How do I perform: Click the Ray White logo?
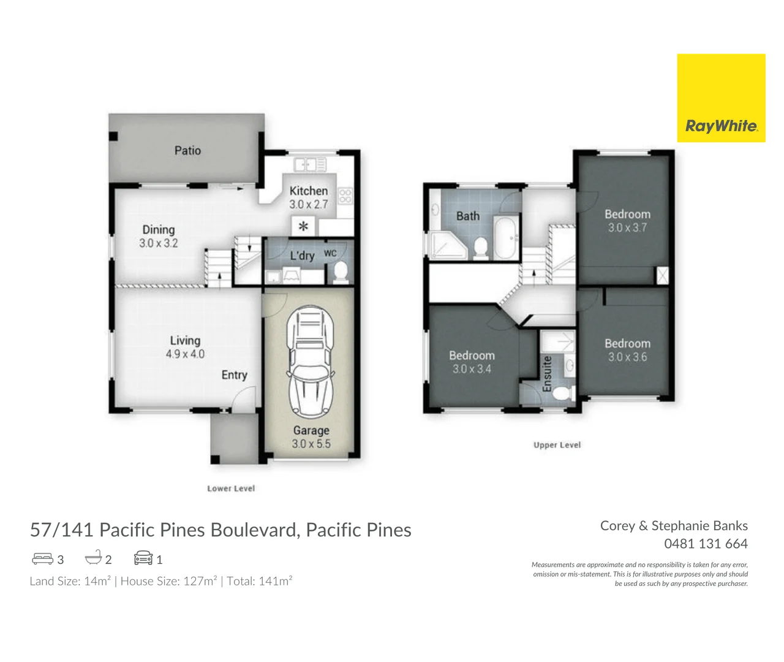click(721, 98)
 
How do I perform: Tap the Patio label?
click(187, 151)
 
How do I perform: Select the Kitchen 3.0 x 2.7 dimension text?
click(309, 204)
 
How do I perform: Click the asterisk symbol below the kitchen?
click(303, 226)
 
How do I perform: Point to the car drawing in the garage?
click(310, 362)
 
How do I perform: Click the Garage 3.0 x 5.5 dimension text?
click(311, 444)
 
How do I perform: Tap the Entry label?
click(235, 375)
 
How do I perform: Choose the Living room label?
click(185, 340)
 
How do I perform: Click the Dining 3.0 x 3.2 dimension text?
click(159, 243)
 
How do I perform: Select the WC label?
click(330, 253)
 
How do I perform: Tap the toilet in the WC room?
click(341, 272)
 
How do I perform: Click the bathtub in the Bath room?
click(505, 237)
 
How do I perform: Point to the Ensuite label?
click(547, 374)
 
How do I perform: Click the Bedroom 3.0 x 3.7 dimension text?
click(627, 227)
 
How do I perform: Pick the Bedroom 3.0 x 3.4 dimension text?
click(472, 369)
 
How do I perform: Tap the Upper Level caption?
click(557, 445)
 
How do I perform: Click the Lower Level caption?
click(231, 489)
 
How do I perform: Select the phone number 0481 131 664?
click(706, 544)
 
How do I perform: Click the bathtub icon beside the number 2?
click(93, 558)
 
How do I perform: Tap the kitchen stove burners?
click(345, 196)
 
